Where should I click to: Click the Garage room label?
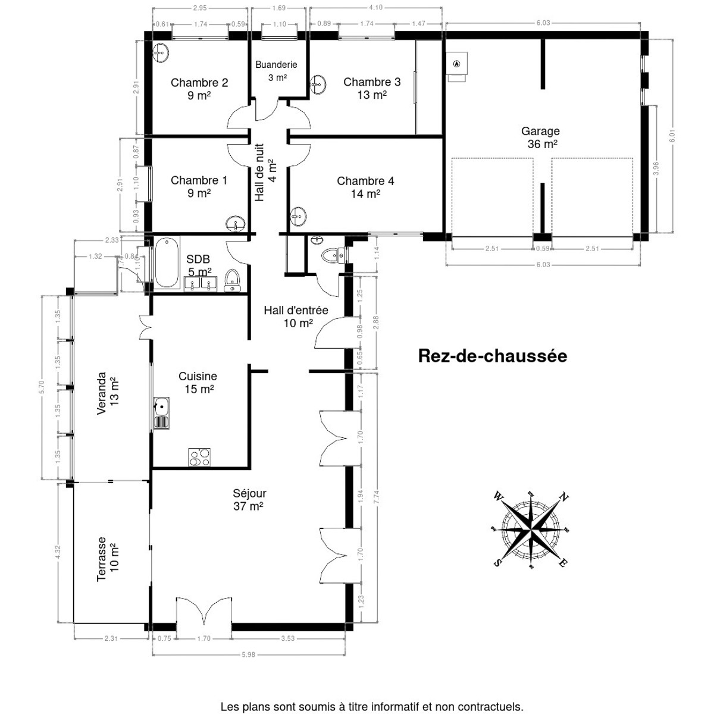(x=540, y=137)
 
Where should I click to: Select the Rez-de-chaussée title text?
(x=493, y=356)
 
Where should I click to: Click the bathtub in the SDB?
(x=167, y=262)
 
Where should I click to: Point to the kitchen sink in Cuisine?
(x=161, y=412)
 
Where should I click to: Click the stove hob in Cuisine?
(x=200, y=457)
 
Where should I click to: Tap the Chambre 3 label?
(x=372, y=88)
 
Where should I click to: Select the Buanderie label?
(x=276, y=70)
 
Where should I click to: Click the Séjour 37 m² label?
(x=249, y=500)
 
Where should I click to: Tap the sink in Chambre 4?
(x=298, y=217)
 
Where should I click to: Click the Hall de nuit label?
(x=265, y=172)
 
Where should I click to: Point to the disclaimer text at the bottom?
(x=372, y=707)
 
